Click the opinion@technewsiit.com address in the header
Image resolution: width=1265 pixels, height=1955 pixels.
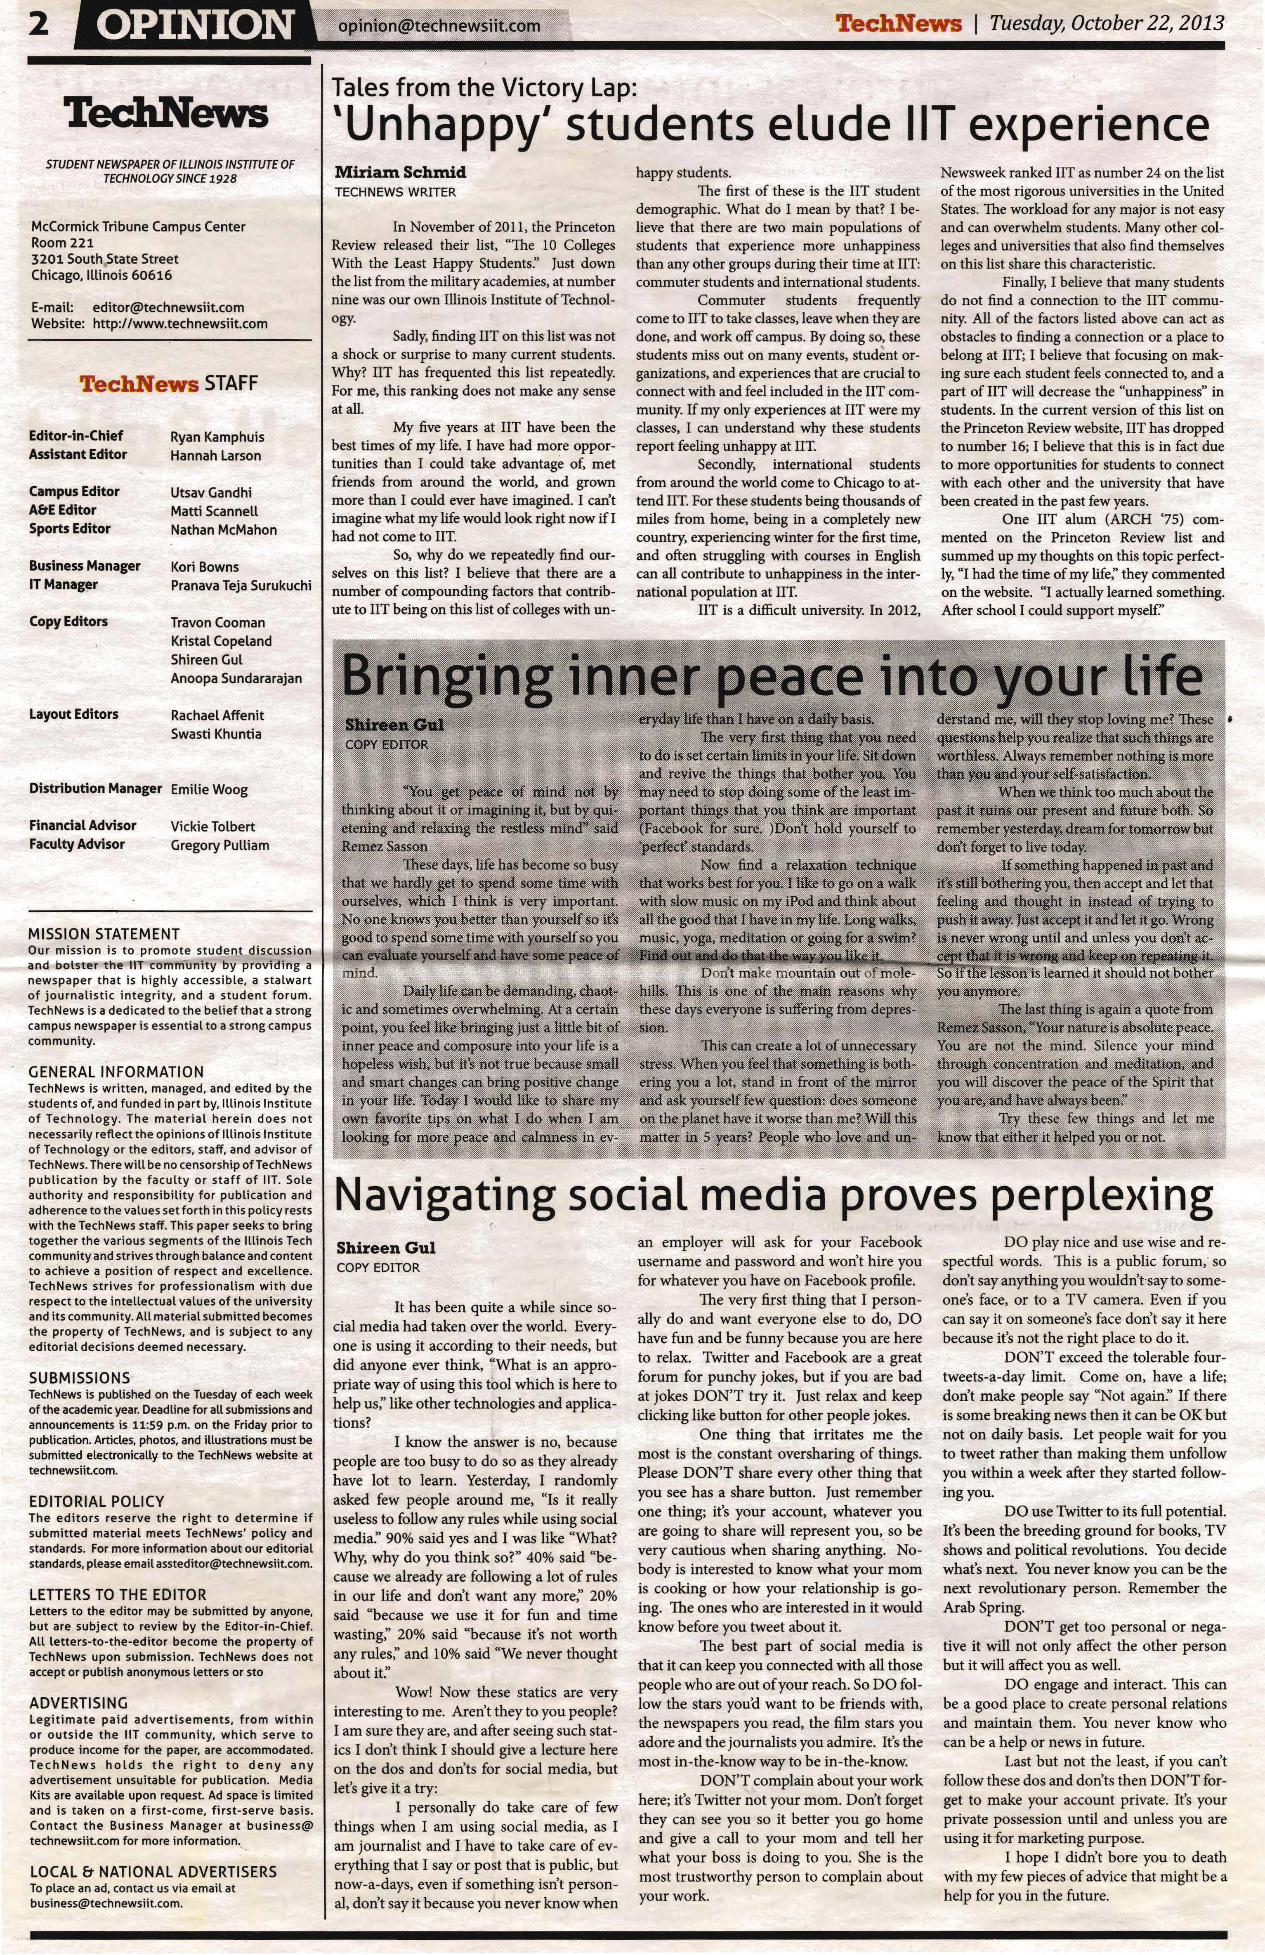439,26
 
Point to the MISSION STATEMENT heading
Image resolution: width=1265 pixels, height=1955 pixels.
104,934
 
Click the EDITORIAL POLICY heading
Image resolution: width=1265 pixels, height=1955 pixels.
96,1501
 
